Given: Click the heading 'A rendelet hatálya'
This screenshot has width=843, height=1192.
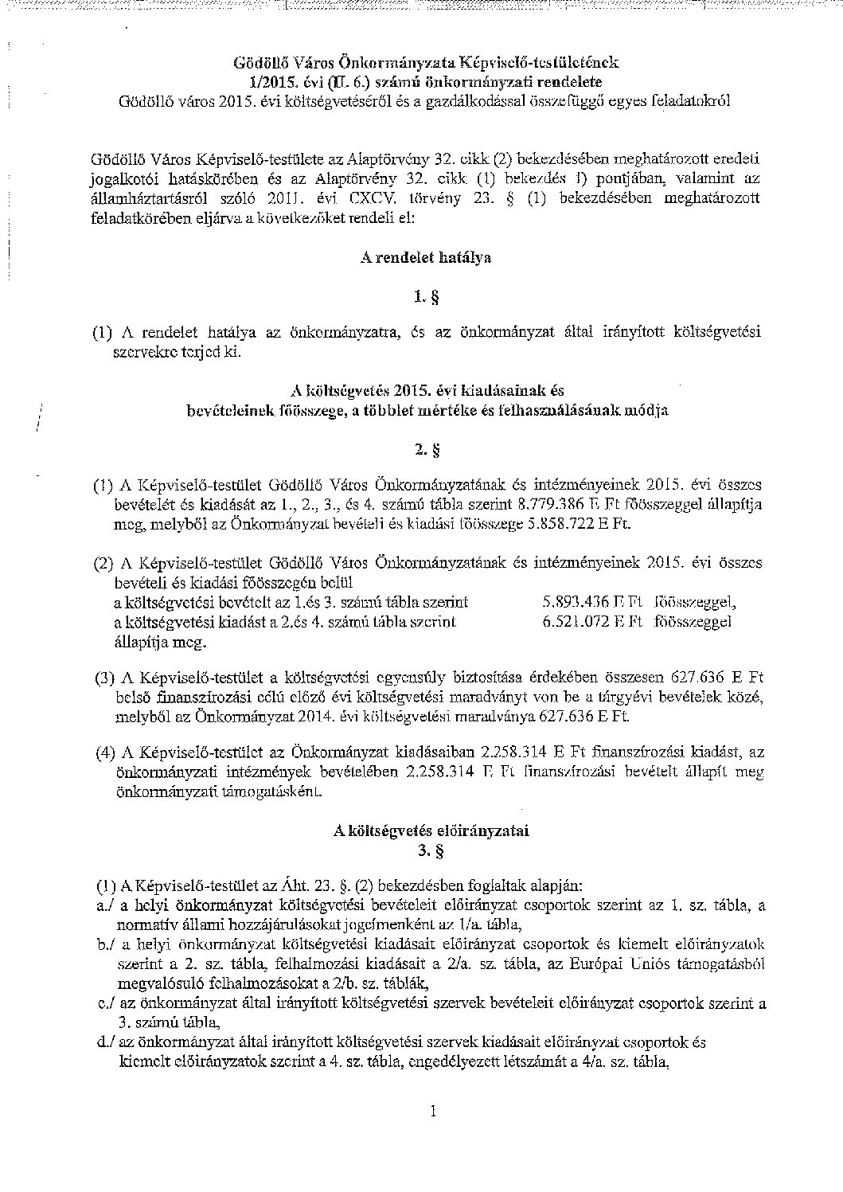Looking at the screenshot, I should (421, 257).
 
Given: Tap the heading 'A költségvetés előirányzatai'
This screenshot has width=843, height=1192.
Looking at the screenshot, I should (431, 830).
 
